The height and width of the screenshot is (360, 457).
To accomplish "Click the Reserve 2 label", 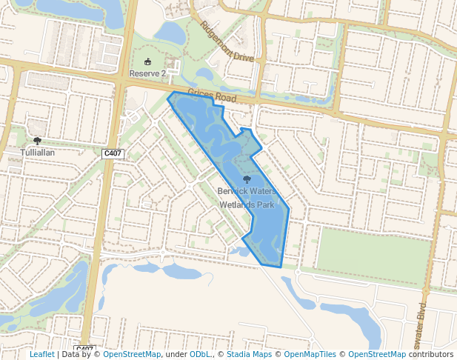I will tap(147, 73).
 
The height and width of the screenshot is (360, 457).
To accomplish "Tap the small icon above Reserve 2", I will tap(147, 62).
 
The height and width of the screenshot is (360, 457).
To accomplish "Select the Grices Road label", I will tap(212, 96).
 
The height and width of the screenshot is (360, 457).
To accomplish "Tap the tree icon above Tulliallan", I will tap(37, 140).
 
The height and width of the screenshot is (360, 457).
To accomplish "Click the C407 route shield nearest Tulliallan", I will tap(113, 153).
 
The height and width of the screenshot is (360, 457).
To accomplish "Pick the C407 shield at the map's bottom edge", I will tap(85, 349).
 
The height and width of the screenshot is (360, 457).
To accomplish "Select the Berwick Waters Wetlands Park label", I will tap(247, 197).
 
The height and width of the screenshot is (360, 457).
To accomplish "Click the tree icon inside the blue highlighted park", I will tap(247, 179).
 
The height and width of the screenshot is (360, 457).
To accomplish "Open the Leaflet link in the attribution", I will tap(41, 354).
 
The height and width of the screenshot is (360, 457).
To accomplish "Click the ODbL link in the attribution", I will tap(200, 354).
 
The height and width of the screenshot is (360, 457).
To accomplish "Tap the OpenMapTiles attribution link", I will tap(310, 354).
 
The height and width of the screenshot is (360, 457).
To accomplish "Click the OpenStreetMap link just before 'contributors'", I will tap(377, 354).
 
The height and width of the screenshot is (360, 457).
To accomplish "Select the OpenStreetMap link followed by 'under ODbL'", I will tap(132, 354).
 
